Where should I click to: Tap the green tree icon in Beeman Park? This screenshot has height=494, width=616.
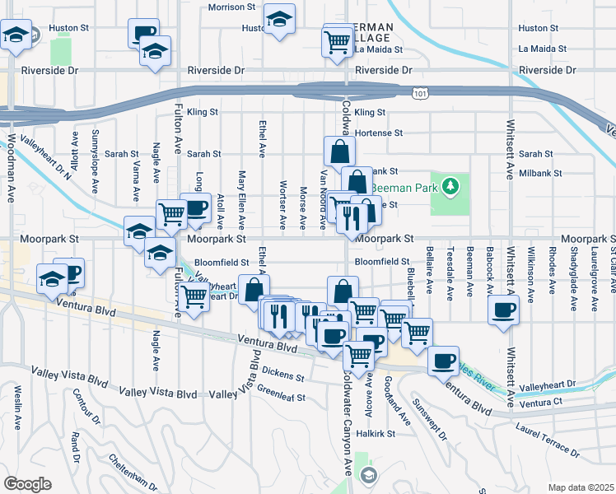(450, 186)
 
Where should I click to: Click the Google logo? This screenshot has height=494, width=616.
(27, 483)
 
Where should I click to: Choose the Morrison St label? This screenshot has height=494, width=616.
(231, 7)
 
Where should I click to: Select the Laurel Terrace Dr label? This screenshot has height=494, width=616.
(553, 436)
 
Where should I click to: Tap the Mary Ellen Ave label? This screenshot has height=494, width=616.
(241, 199)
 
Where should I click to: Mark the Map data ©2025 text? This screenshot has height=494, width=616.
(581, 487)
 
